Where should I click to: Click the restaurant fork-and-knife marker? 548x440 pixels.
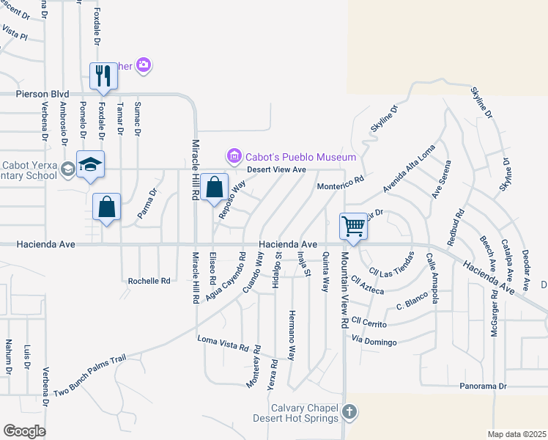point(103,76)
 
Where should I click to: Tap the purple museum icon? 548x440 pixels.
point(234,155)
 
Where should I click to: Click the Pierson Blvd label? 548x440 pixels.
point(43,95)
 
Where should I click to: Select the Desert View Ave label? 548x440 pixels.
point(275,169)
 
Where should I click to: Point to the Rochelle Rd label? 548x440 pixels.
point(149,281)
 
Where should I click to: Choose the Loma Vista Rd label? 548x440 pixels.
point(223,341)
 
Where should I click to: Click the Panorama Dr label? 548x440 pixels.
point(483,386)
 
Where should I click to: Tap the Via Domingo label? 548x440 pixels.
point(374,342)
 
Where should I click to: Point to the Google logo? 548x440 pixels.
point(24,431)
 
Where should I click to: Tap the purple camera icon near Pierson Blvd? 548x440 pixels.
point(144,65)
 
